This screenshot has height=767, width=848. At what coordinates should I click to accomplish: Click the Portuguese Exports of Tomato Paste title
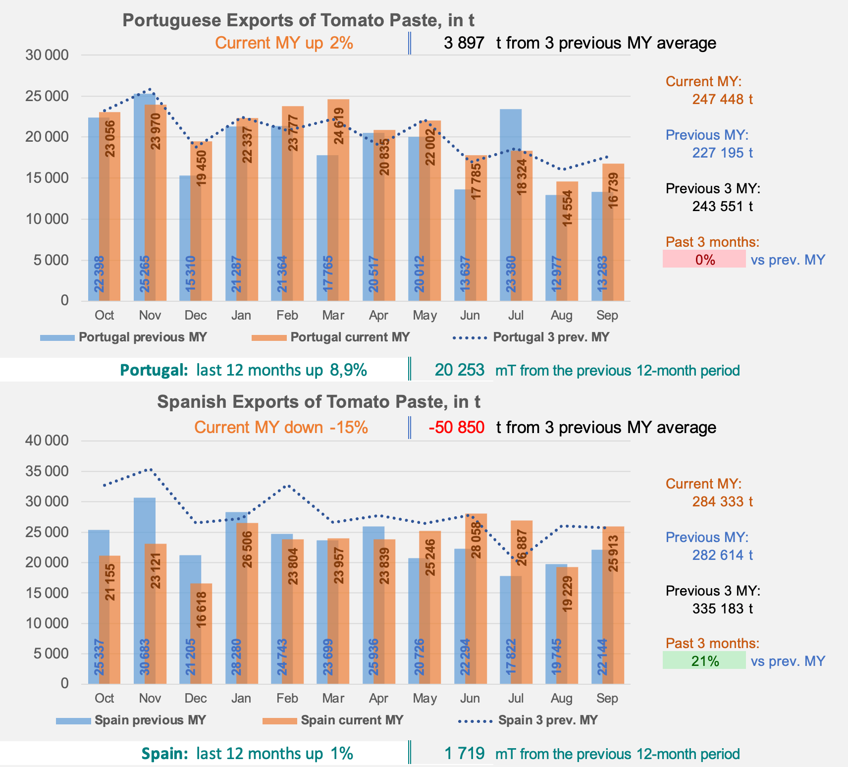tap(298, 20)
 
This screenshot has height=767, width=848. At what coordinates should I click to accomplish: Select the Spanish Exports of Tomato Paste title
tap(318, 401)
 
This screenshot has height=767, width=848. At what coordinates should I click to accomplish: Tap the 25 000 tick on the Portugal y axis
tap(47, 96)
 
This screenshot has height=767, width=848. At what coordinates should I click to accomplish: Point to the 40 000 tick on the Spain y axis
tap(47, 440)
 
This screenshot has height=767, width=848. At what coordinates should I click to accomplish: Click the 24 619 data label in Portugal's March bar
tap(339, 126)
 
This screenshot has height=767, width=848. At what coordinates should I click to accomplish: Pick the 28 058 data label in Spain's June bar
tap(477, 540)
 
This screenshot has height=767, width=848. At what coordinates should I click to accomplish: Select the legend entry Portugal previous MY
tap(143, 337)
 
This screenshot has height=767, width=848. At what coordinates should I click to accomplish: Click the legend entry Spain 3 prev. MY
tap(548, 720)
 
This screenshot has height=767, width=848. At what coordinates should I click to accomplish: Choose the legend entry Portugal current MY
tap(350, 337)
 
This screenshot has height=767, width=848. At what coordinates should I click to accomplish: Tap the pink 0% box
tap(704, 259)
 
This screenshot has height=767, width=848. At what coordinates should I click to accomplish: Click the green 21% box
tap(704, 660)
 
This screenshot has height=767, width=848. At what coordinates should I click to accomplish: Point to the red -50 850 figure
tap(456, 427)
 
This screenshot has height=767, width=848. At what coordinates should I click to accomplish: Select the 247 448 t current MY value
tap(722, 99)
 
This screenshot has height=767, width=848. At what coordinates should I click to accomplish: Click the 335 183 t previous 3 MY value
tap(722, 608)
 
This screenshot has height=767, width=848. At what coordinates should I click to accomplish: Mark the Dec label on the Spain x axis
tap(196, 698)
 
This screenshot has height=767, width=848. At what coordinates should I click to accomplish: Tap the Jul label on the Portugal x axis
tap(516, 316)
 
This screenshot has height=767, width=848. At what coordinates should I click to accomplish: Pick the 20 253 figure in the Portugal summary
tap(459, 370)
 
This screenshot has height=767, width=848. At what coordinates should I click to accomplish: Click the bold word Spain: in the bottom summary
tap(164, 754)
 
